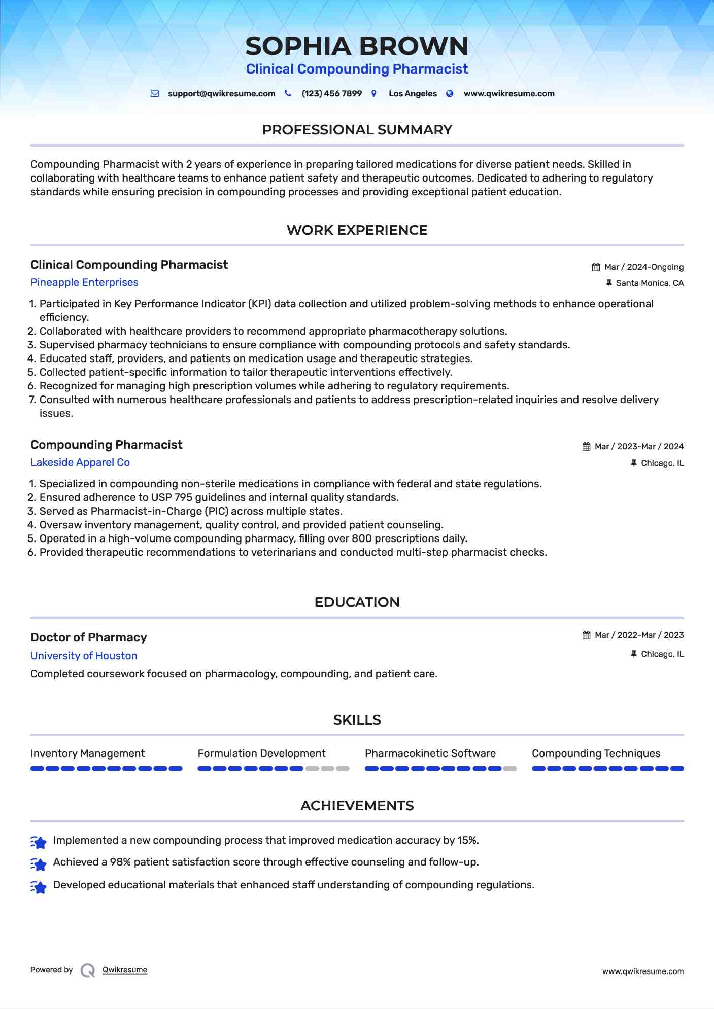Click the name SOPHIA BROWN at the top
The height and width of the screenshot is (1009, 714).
[x=357, y=46]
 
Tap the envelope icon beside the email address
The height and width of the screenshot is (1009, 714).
[x=155, y=94]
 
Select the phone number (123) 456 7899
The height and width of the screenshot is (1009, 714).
[x=331, y=94]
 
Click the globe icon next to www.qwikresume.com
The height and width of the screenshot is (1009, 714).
[x=450, y=94]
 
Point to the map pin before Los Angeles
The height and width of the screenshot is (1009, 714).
[x=374, y=94]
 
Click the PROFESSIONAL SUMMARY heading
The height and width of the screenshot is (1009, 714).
[x=357, y=130]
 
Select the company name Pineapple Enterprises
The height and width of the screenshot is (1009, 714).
[x=84, y=282]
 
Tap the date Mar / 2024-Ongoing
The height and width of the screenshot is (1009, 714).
[x=644, y=267]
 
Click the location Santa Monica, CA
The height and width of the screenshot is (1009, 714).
[x=650, y=283]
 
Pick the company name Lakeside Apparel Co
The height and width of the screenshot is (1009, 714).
[x=80, y=462]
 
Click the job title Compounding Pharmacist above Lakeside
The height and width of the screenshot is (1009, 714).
[x=106, y=445]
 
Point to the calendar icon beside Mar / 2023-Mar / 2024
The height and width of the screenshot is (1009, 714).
[x=587, y=447]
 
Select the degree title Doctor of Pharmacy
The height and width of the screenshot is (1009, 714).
[x=89, y=637]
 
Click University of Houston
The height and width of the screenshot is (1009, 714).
[x=84, y=656]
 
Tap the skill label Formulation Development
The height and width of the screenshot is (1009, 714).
[x=261, y=753]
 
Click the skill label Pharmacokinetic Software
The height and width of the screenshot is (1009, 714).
[x=430, y=753]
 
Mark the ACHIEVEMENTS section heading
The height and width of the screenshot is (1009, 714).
[x=357, y=806]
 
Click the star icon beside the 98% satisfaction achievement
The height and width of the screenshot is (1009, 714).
[x=39, y=863]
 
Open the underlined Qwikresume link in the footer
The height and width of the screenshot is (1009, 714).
[x=125, y=970]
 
